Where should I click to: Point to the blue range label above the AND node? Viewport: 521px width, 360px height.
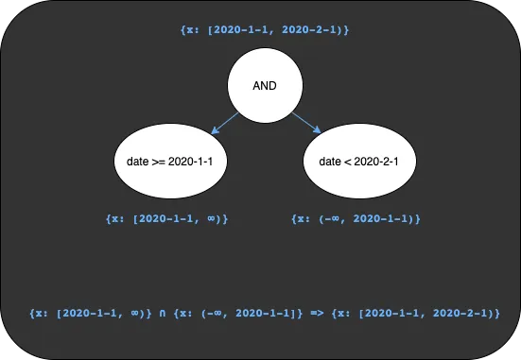click(265, 31)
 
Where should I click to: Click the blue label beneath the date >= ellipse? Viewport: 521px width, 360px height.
click(169, 218)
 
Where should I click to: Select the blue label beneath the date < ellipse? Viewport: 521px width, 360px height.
click(355, 218)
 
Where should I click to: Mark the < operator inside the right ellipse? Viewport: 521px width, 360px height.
click(348, 162)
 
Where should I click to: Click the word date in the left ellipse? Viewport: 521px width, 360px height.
click(137, 162)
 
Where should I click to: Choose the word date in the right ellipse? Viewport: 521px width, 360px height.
click(330, 162)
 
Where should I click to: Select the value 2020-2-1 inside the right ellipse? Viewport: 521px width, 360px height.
click(378, 162)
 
